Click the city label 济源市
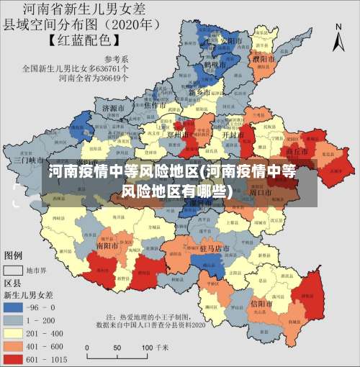tap(114, 109)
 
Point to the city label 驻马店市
tap(214, 248)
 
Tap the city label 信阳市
tap(261, 304)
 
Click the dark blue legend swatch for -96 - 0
tap(14, 306)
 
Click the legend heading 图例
tap(14, 255)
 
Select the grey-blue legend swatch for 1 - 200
tap(14, 318)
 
